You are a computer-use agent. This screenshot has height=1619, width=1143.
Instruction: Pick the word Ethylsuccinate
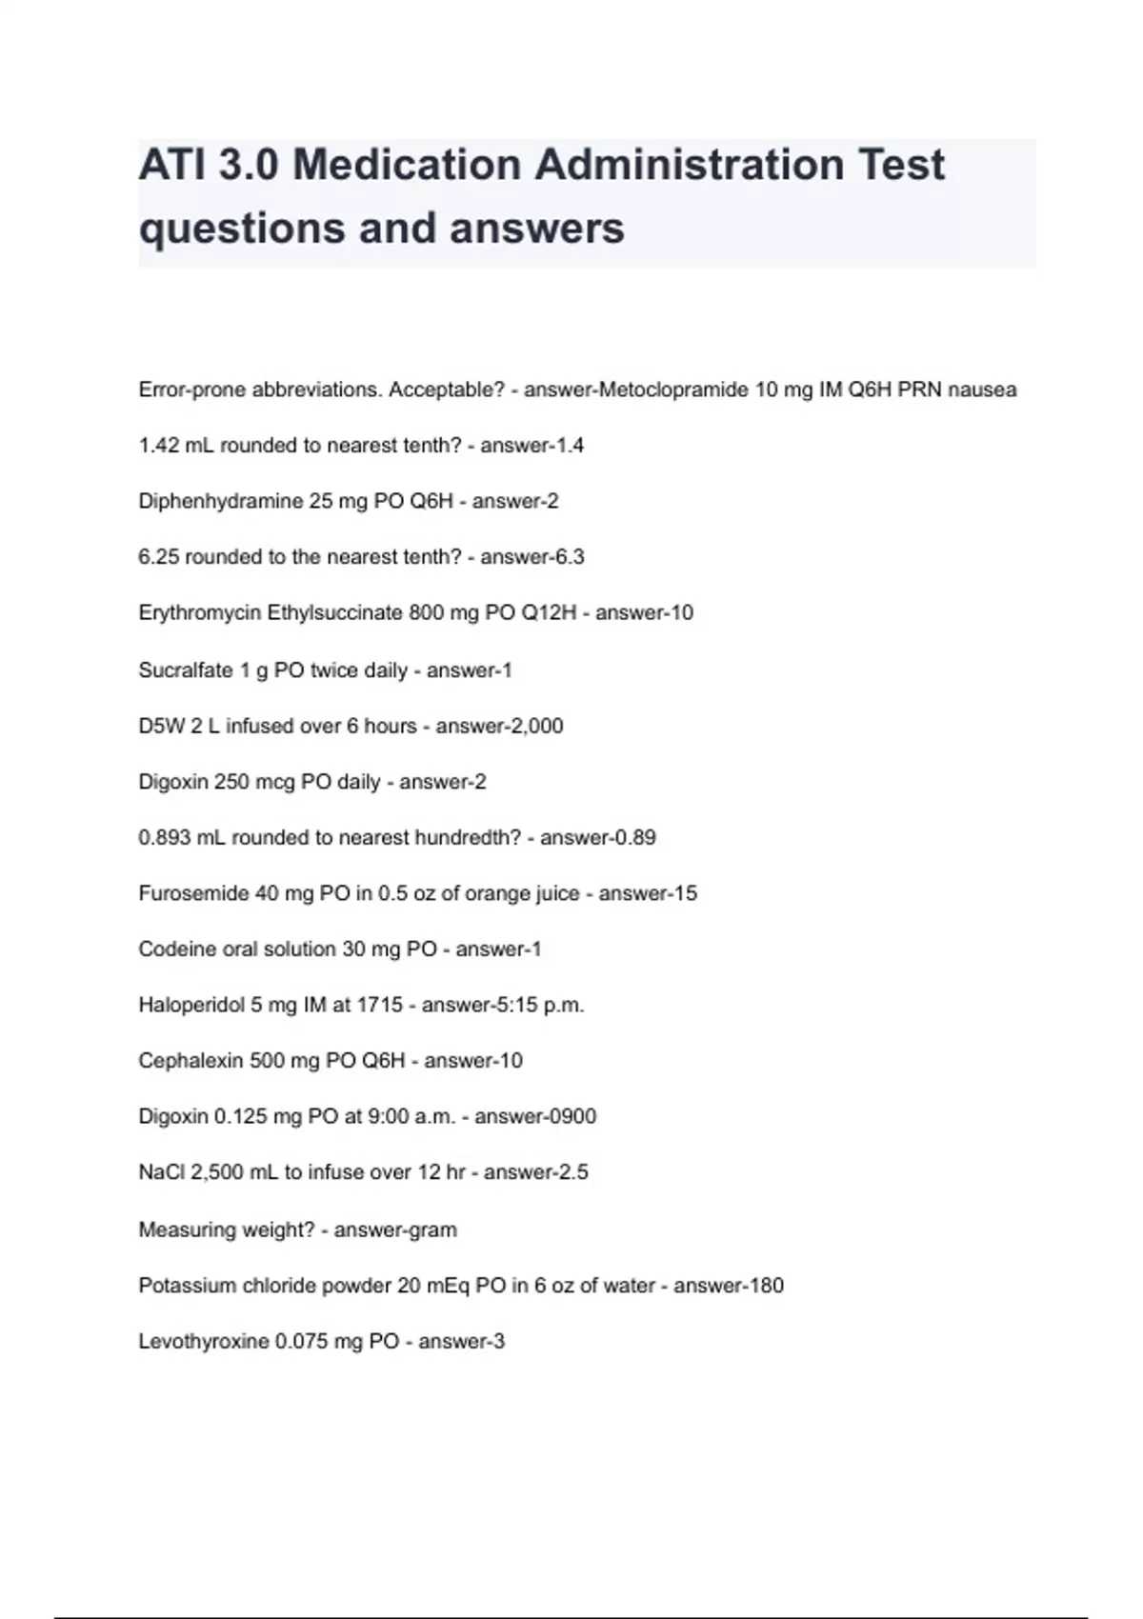click(x=334, y=612)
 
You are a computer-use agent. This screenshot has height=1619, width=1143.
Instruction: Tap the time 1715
click(x=379, y=1005)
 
